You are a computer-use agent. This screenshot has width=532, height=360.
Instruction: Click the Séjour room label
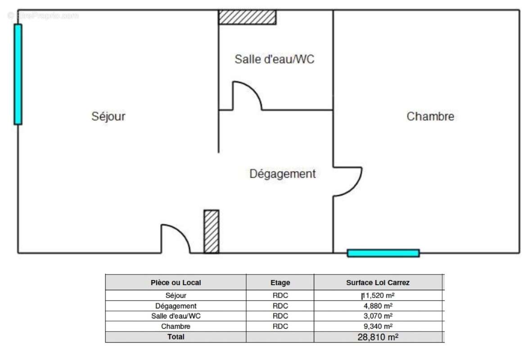point(108,116)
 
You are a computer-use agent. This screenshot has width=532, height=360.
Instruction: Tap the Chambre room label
point(430,116)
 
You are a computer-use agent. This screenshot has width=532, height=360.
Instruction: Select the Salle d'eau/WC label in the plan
point(274,59)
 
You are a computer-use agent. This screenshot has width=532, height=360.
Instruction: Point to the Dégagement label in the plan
point(283,174)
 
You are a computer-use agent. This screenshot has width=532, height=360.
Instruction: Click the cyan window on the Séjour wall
point(18,74)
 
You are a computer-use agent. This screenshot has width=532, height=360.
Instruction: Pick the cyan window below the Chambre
point(383,253)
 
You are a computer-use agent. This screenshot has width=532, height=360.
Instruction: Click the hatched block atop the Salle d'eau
point(247,17)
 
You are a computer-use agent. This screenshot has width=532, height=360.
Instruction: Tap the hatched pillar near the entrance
point(211,231)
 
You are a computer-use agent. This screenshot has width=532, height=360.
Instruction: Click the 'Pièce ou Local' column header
point(176,283)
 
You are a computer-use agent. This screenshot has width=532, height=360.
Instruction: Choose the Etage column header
point(280,283)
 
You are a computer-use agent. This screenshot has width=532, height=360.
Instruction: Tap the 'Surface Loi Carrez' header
point(378,283)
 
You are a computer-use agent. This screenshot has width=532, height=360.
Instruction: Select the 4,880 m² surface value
point(378,306)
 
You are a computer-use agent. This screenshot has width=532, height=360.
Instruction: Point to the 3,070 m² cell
point(378,316)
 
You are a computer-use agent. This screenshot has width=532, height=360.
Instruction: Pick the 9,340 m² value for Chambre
point(378,326)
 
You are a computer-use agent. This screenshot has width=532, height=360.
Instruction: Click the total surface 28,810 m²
point(378,337)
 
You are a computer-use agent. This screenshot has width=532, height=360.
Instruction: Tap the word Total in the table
point(176,337)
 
